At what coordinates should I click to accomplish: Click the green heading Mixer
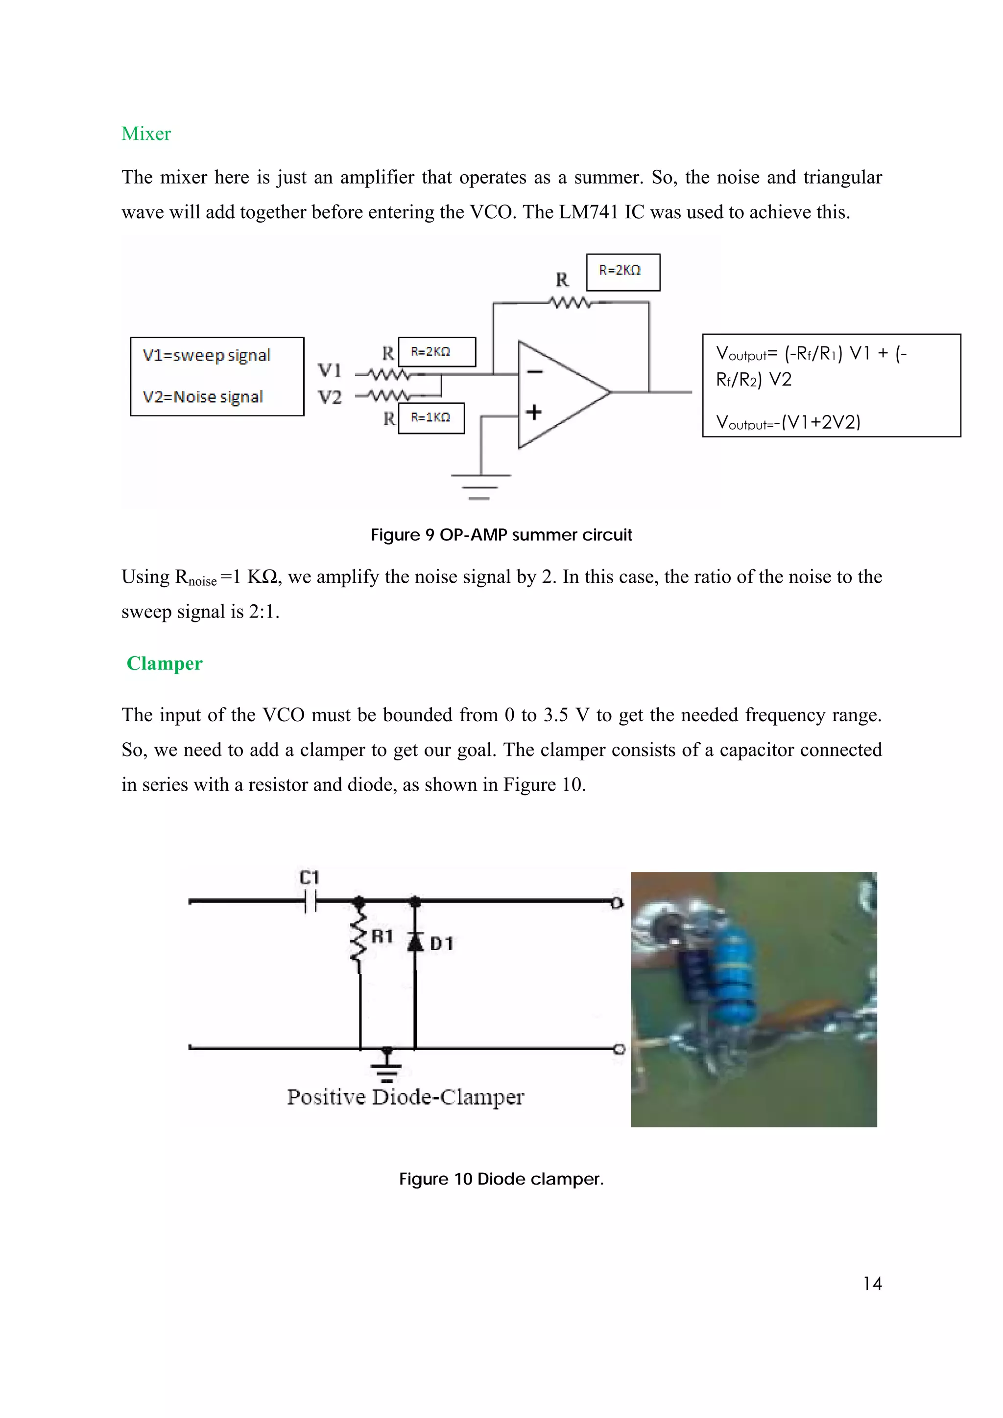(x=146, y=134)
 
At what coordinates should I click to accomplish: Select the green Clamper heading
(x=165, y=663)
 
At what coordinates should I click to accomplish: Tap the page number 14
(x=872, y=1283)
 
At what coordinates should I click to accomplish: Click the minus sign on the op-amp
(x=535, y=372)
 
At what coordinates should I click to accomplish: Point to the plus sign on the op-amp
(x=534, y=412)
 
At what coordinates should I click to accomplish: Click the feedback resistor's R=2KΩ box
(x=623, y=272)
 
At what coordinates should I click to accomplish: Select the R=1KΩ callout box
(x=431, y=418)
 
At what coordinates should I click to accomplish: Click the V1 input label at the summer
(x=330, y=370)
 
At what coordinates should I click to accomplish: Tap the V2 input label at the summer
(x=330, y=397)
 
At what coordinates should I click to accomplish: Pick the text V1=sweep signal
(x=206, y=356)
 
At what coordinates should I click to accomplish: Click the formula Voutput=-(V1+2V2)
(x=788, y=422)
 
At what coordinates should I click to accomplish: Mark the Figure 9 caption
(x=501, y=535)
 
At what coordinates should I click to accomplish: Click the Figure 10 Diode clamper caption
(x=501, y=1179)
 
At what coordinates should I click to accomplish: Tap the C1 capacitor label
(x=309, y=878)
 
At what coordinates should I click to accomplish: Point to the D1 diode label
(x=441, y=944)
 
